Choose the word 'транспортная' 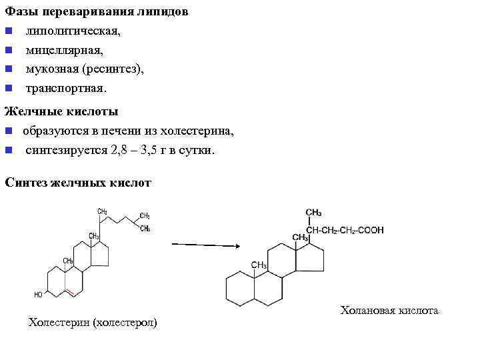pyautogui.click(x=65, y=87)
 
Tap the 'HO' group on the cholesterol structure pyautogui.click(x=39, y=294)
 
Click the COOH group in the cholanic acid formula pyautogui.click(x=371, y=231)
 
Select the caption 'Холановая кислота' pyautogui.click(x=389, y=311)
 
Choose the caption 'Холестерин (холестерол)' pyautogui.click(x=92, y=323)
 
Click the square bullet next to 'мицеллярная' pyautogui.click(x=7, y=51)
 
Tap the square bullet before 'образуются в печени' pyautogui.click(x=7, y=131)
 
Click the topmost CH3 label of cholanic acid pyautogui.click(x=313, y=213)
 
